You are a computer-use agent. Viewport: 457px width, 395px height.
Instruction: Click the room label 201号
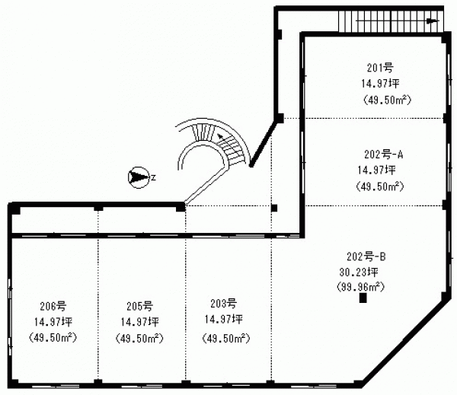point(380,68)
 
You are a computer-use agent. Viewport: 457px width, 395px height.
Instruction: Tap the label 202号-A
point(384,154)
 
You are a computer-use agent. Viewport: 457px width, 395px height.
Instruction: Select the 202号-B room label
point(366,256)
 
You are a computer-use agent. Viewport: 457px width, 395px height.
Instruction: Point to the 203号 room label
point(223,304)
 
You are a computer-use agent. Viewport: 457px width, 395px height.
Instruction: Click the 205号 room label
point(139,306)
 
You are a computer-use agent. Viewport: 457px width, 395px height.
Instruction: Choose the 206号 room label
point(53,306)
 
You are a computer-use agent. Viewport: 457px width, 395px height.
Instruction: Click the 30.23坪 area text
point(359,272)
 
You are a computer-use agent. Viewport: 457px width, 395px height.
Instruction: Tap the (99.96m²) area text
point(360,287)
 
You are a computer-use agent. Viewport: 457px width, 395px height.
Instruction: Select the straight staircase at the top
point(391,21)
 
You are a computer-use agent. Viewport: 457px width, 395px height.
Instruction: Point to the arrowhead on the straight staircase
point(433,21)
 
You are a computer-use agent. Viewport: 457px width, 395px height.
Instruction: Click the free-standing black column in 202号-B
point(363,298)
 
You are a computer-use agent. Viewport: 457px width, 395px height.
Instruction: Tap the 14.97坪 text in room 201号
point(380,84)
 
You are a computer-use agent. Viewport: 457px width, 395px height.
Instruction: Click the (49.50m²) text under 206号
point(53,338)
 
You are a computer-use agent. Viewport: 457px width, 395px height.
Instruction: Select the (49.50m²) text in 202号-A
point(380,186)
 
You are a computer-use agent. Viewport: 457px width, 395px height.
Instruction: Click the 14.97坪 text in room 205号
point(139,322)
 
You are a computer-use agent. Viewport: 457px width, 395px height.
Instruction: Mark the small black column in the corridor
point(274,208)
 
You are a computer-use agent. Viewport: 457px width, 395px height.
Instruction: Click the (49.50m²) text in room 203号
point(226,339)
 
